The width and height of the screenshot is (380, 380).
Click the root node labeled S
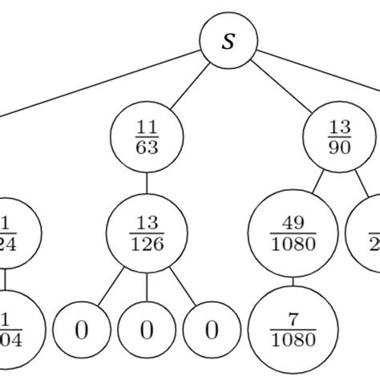pos(229,41)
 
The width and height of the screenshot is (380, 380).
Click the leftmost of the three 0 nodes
pos(81,329)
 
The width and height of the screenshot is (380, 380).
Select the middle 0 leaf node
pos(147,329)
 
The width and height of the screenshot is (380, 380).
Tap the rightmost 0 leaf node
pos(212,329)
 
